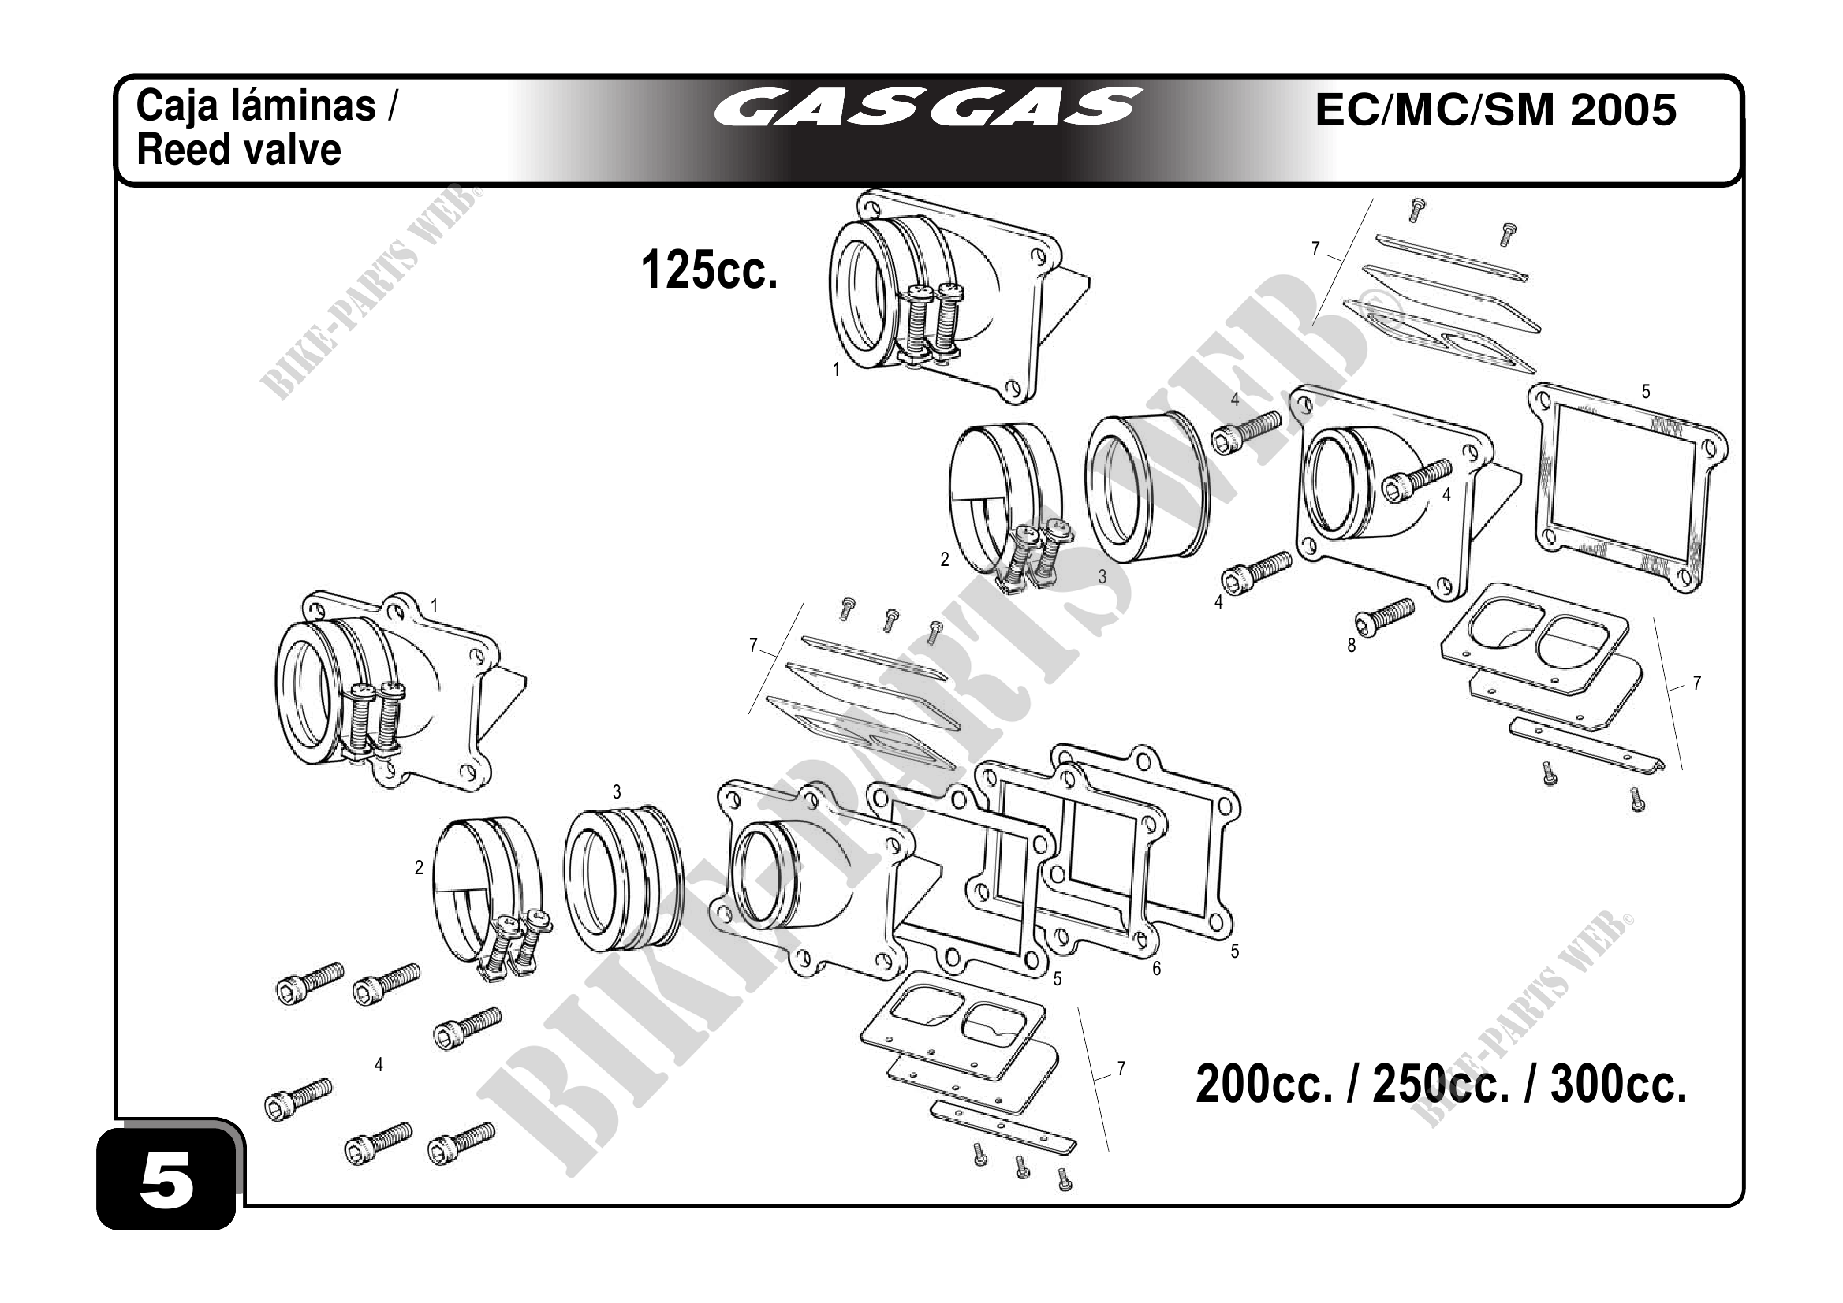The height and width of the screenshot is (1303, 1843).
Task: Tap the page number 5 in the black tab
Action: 167,1181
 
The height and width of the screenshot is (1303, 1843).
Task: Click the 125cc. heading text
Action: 710,270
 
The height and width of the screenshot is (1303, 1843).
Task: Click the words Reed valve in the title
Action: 238,150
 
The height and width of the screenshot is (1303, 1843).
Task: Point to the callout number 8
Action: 1351,646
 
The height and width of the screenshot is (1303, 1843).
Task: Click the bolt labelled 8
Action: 1385,618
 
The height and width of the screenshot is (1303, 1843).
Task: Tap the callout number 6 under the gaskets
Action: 1157,969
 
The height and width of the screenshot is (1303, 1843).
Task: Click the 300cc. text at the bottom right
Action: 1618,1085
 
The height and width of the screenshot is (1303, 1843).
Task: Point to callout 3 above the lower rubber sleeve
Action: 617,793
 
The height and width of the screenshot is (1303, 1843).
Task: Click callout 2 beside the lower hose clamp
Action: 418,867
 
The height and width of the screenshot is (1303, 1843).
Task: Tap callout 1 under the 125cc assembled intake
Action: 836,370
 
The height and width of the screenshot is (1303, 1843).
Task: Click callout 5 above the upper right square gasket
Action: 1646,392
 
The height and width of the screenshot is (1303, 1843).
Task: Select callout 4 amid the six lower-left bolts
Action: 378,1065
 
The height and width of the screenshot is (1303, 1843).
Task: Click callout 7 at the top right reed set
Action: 1315,250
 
